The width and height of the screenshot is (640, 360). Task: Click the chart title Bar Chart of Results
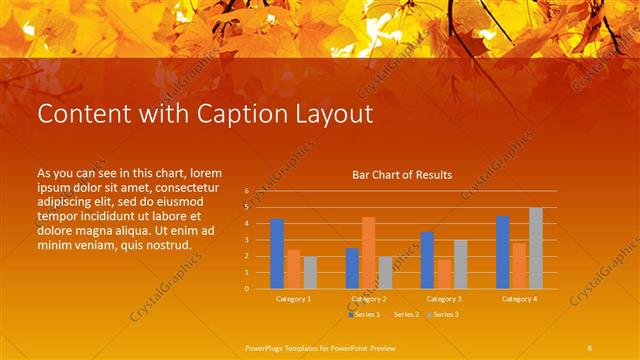coord(402,175)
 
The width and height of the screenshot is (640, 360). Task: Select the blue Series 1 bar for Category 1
coord(277,253)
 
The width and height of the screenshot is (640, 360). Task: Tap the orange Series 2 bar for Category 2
coord(368,252)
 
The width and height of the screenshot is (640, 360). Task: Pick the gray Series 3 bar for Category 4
coord(536,248)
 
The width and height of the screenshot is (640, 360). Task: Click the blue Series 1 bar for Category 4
coord(503,252)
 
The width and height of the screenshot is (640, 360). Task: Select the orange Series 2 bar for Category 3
coord(443,274)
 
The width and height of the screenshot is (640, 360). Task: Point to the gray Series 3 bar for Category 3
coord(460,264)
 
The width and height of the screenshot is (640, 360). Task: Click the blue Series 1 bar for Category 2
coord(352,268)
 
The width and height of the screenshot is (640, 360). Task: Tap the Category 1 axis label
coord(293,299)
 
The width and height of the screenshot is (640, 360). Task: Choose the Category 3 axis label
coord(443,299)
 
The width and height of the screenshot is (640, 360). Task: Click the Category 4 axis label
coord(519,299)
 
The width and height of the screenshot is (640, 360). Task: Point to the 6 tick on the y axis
coord(246,190)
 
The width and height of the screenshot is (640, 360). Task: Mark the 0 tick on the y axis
coord(246,288)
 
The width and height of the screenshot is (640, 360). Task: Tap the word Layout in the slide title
coord(329,114)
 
